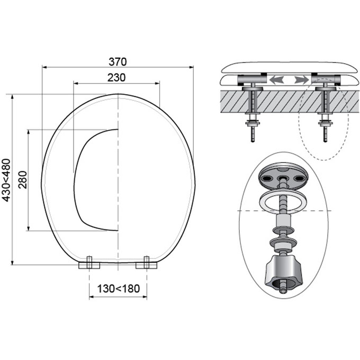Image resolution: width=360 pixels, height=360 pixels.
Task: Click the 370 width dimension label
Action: click(x=118, y=62)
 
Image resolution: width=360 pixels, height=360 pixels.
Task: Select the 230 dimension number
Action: click(x=116, y=78)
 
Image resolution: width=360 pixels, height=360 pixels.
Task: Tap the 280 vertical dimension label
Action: click(x=23, y=180)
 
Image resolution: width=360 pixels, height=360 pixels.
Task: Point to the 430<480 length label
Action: click(x=6, y=180)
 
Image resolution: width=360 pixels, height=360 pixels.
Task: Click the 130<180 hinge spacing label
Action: click(x=119, y=289)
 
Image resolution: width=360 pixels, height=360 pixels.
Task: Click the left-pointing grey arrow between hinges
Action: click(x=277, y=80)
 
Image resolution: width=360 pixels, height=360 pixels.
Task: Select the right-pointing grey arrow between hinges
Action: click(x=302, y=80)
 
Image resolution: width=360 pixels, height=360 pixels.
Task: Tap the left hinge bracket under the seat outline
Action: click(x=89, y=264)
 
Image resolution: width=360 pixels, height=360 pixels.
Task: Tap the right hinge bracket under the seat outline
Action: click(x=147, y=264)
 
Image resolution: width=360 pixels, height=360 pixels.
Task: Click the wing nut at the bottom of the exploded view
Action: click(x=284, y=272)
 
